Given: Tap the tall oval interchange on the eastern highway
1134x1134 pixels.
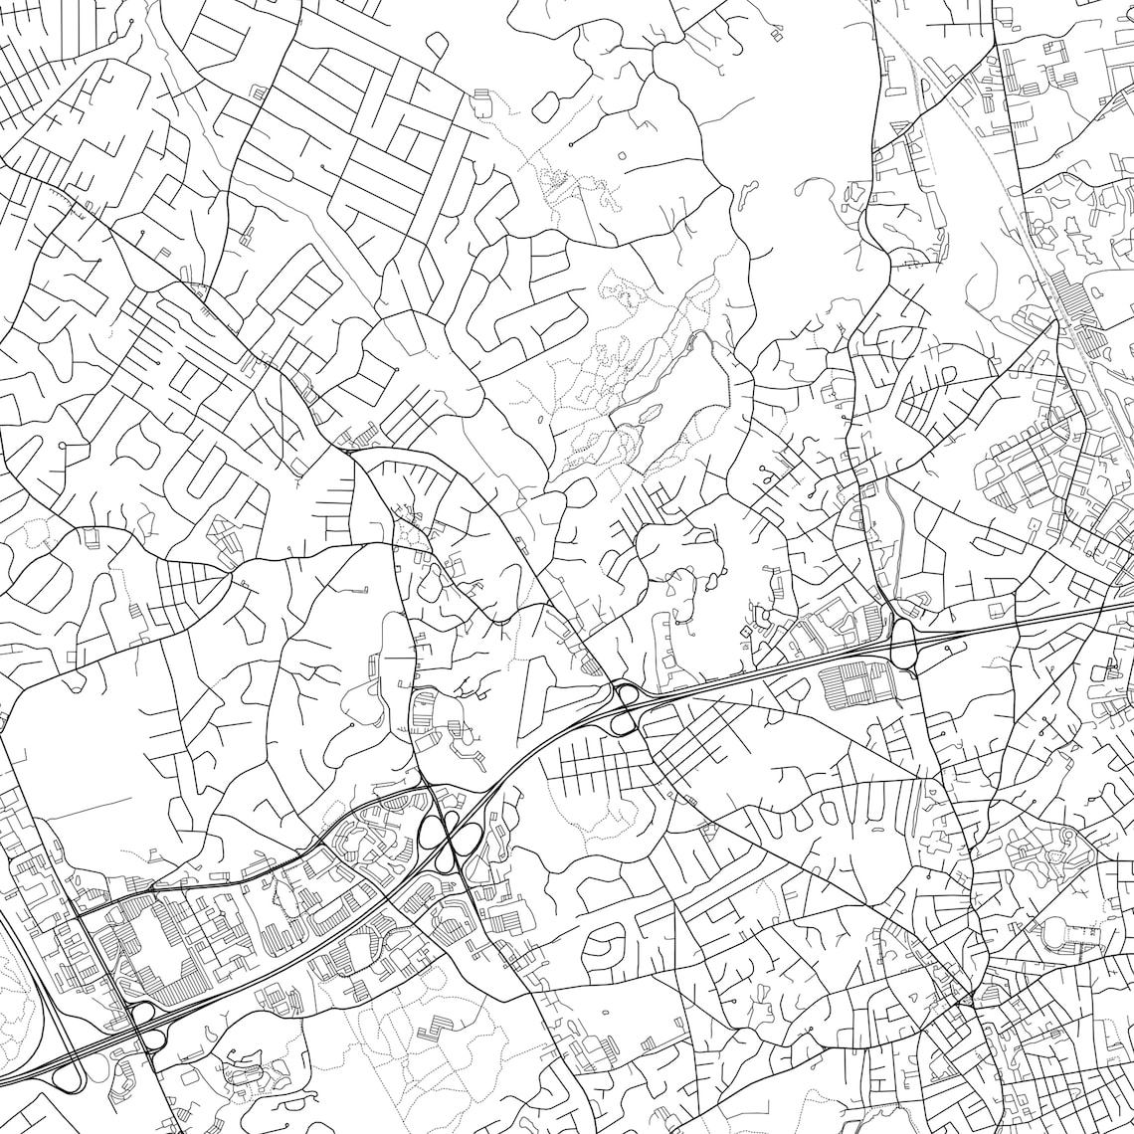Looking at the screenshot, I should (903, 643).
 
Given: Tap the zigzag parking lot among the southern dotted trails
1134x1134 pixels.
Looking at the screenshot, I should (435, 1030).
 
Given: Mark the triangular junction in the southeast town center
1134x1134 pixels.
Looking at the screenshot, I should (963, 998).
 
